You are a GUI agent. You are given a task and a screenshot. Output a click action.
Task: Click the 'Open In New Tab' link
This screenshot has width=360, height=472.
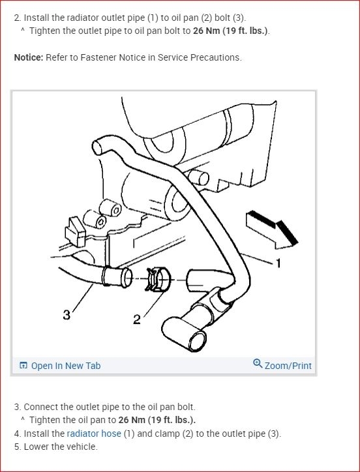[x=66, y=366]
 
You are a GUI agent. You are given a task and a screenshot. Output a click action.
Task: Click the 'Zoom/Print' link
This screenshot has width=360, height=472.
[x=288, y=366]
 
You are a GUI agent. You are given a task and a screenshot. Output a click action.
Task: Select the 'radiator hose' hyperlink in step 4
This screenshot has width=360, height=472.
[x=94, y=434]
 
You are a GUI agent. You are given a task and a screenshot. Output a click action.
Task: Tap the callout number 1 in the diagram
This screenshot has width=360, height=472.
[x=278, y=263]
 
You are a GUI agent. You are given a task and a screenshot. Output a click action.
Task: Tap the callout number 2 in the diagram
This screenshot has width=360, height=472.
[x=137, y=319]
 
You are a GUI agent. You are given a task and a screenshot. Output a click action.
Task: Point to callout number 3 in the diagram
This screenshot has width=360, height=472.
[x=67, y=315]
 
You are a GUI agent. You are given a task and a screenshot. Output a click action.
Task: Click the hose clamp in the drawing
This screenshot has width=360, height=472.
[x=157, y=279]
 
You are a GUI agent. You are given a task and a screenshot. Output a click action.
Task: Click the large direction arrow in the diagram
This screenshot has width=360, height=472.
[x=272, y=230]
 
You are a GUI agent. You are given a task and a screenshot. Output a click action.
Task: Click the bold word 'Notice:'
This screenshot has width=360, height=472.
[x=29, y=57]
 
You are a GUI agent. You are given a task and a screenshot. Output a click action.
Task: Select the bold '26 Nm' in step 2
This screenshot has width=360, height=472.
[x=206, y=31]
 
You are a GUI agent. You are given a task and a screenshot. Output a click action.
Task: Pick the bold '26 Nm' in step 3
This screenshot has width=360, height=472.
[x=132, y=420]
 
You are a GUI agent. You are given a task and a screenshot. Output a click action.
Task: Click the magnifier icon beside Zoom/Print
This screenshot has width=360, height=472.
[x=258, y=363]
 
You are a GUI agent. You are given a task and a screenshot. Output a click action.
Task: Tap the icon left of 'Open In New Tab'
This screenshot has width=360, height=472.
[x=23, y=366]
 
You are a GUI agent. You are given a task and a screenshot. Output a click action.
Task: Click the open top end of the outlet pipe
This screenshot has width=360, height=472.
[x=97, y=147]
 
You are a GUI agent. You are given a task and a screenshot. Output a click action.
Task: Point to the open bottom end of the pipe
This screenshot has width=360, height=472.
[x=197, y=341]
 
